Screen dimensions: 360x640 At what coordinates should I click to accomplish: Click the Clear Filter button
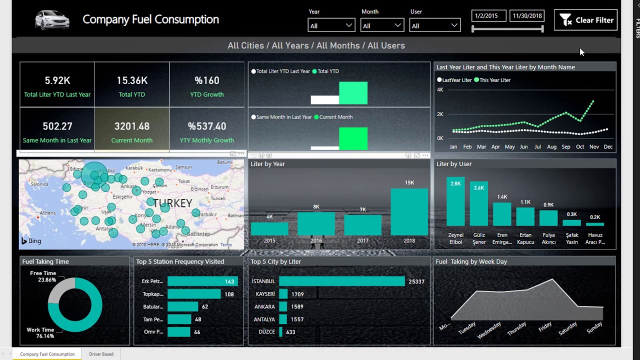[x=585, y=20]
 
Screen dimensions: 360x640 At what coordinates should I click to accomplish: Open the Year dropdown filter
[x=331, y=25]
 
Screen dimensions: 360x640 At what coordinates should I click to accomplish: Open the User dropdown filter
[x=434, y=25]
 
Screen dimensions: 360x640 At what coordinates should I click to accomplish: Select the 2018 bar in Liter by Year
[x=409, y=212]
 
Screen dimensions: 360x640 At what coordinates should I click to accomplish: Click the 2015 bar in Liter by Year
[x=269, y=229]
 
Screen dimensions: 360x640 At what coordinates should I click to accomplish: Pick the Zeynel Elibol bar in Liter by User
[x=455, y=202]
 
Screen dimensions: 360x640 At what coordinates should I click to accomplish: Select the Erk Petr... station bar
[x=202, y=281]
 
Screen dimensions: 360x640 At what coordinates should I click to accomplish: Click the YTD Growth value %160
[x=207, y=80]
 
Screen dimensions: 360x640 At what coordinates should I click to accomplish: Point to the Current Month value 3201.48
[x=132, y=126]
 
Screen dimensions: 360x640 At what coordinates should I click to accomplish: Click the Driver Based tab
[x=101, y=354]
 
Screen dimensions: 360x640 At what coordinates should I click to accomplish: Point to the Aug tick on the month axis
[x=551, y=147]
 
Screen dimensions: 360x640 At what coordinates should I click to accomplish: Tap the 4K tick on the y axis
[x=440, y=90]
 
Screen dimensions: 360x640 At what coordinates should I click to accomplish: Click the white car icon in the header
[x=52, y=20]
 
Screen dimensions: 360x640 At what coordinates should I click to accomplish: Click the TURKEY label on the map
[x=172, y=203]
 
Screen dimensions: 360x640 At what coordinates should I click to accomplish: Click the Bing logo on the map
[x=31, y=241]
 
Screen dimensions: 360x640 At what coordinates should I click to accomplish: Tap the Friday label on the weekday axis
[x=545, y=326]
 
